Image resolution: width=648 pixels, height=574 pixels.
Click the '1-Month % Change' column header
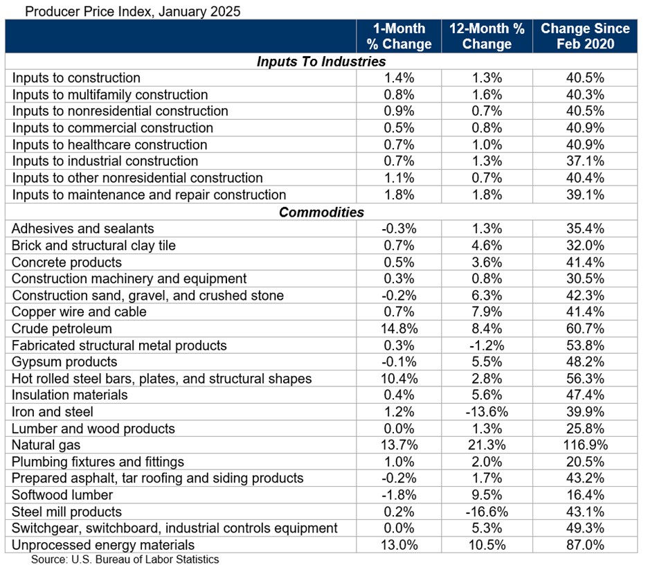[399, 36]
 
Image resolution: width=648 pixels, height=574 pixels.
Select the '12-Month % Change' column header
[486, 36]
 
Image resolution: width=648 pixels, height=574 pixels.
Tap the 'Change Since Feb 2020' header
[585, 36]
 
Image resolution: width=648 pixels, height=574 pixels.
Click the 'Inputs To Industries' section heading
[321, 62]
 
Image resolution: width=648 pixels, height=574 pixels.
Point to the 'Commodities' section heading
[321, 212]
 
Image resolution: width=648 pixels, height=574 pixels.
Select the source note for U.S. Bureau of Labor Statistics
[125, 559]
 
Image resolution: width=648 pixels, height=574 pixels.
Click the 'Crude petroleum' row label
[62, 329]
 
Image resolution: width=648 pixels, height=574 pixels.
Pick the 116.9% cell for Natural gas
[585, 445]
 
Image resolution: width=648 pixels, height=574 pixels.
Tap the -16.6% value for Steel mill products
[486, 512]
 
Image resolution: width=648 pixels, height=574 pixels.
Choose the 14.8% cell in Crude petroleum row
[399, 329]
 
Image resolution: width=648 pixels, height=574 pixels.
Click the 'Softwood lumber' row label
[62, 495]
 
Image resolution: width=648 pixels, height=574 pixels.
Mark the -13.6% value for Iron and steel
[486, 412]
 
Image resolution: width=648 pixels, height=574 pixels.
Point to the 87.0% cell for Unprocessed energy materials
[585, 545]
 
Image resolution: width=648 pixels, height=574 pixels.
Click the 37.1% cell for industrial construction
[585, 161]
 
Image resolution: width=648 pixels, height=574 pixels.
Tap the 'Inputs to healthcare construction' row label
[109, 145]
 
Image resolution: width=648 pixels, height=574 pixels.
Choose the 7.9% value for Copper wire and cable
[486, 312]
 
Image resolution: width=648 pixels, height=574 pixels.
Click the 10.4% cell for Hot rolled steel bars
[399, 379]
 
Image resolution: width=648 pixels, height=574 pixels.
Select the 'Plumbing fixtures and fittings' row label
[98, 462]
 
